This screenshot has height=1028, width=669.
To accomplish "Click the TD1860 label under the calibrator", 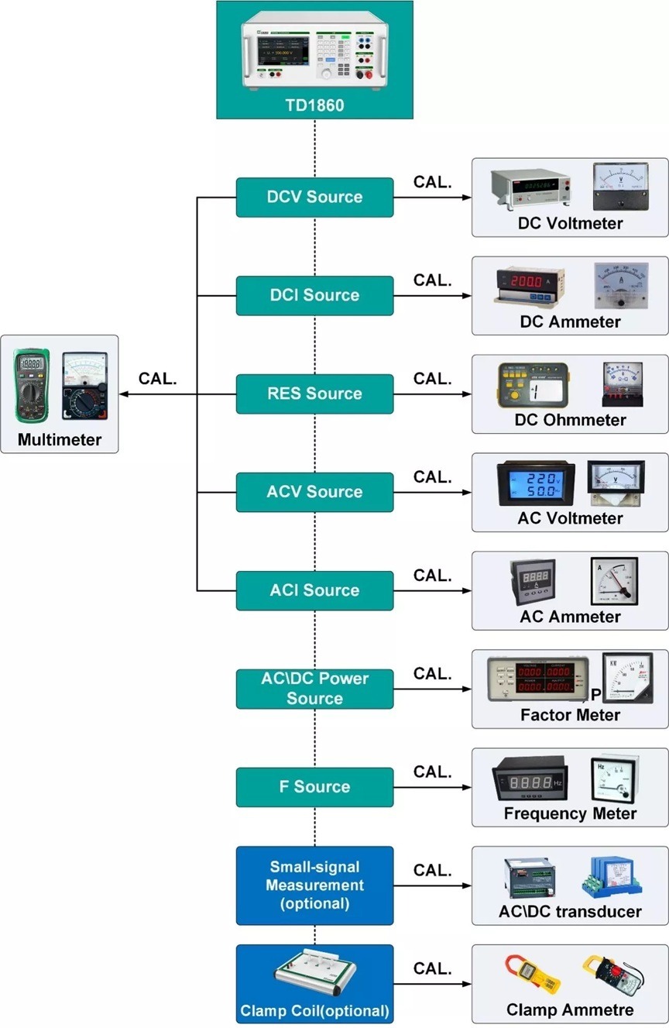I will coord(314,105).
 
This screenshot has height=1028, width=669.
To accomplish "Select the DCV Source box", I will coord(314,197).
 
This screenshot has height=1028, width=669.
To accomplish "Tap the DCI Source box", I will coord(314,295).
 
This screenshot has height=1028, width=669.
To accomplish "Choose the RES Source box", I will coord(314,394).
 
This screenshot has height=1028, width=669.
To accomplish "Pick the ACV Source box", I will coord(314,492).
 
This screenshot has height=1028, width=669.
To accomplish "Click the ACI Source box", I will coord(314,590).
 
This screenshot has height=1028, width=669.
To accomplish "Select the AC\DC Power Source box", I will coord(314,689).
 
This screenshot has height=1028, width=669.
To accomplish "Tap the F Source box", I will coord(314,787).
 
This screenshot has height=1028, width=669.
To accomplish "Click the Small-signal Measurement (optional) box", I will coord(314,885).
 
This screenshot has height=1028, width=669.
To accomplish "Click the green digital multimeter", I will coord(32,385).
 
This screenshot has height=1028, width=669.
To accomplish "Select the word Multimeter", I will coord(60,440).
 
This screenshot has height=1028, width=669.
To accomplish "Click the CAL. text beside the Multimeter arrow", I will coord(158,379).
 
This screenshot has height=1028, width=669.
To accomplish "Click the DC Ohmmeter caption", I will coord(570,420).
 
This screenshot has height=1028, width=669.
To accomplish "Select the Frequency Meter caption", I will coord(570,813).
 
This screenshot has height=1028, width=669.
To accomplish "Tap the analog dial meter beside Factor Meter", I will coord(627,678).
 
